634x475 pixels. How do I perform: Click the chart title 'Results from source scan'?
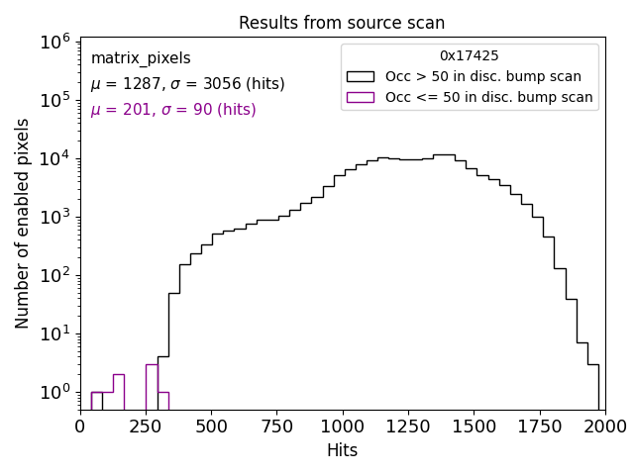coord(342,23)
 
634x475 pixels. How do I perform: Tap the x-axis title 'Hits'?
coord(342,450)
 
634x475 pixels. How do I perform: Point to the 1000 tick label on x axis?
coord(342,427)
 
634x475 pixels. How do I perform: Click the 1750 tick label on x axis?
coord(539,427)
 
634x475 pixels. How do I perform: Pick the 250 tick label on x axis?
coord(146,427)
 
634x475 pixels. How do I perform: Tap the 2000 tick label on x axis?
coord(604,427)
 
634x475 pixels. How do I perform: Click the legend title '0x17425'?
coord(470,56)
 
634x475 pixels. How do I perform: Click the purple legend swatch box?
coord(361,97)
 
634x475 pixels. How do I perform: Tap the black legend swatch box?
coord(361,76)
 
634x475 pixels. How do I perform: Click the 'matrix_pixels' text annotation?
coord(141,58)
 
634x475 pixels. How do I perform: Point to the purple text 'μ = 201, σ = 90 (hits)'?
coord(173,110)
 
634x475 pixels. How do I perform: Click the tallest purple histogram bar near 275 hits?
coord(152,386)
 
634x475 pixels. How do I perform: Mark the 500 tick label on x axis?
coord(211,427)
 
